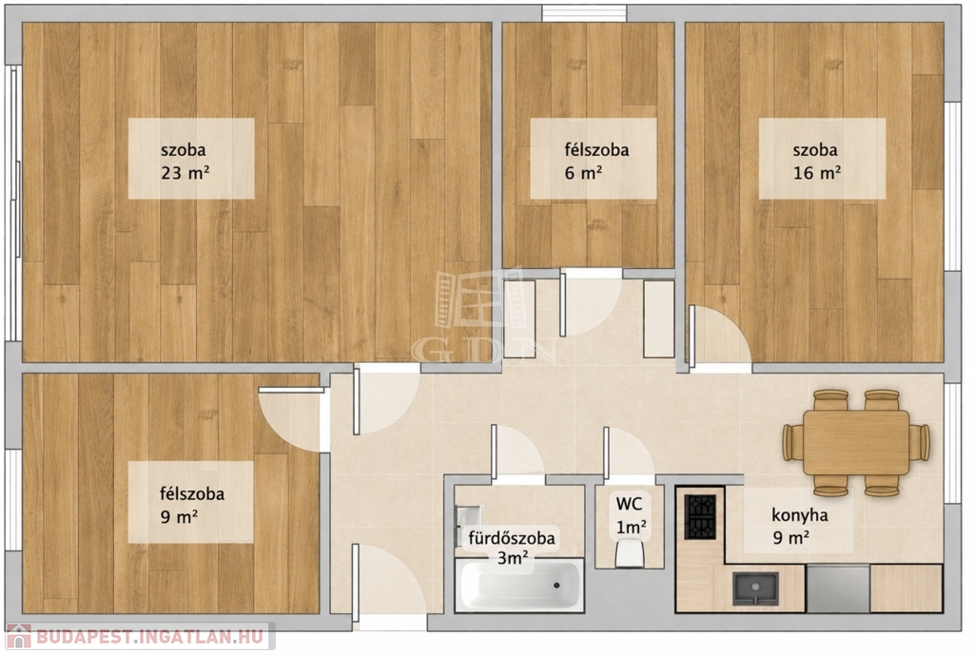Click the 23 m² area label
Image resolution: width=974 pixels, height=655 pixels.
[x=185, y=173]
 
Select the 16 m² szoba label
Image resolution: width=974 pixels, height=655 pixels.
[x=816, y=161]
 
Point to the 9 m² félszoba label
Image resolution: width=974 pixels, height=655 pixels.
[x=192, y=505]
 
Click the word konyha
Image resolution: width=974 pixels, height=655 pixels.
[x=799, y=515]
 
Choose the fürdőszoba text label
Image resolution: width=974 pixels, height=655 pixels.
[x=511, y=538]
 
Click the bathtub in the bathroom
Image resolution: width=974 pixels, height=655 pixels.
[x=519, y=585]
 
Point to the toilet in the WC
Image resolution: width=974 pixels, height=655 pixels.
[x=630, y=552]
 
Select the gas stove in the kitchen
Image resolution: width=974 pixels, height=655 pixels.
[x=700, y=516]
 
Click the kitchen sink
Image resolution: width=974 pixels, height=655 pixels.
[x=754, y=588]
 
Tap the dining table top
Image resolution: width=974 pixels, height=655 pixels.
[x=856, y=443]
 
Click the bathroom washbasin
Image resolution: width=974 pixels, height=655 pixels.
[x=468, y=518]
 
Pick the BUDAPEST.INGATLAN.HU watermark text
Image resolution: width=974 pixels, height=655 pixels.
[x=149, y=636]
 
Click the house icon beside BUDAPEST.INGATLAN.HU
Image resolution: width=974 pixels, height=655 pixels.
[x=18, y=636]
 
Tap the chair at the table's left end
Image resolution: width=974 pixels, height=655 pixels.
[x=792, y=443]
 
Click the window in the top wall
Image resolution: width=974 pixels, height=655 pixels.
[x=584, y=13]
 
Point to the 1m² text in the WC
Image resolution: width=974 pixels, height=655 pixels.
[x=632, y=528]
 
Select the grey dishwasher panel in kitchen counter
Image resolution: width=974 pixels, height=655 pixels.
[x=838, y=588]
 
